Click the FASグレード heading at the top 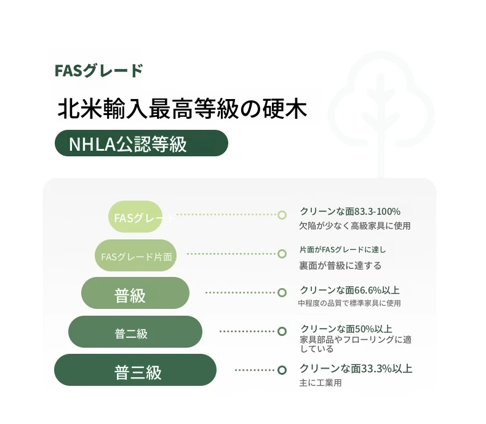click(x=98, y=71)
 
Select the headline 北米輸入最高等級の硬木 click(x=182, y=108)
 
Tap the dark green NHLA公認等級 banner click(x=141, y=143)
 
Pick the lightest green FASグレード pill click(x=135, y=217)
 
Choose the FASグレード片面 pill click(x=136, y=255)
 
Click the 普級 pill click(x=135, y=293)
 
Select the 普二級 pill click(x=135, y=332)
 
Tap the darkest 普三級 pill click(x=135, y=370)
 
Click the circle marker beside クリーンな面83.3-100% click(x=282, y=215)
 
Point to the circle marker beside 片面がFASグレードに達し click(x=282, y=254)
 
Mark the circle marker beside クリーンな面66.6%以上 click(x=282, y=292)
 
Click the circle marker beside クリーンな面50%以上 click(x=282, y=331)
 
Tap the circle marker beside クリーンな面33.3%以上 click(x=282, y=370)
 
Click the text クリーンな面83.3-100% click(x=350, y=211)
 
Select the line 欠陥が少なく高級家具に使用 click(x=355, y=226)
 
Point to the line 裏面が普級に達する click(x=340, y=266)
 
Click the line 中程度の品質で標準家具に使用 click(x=349, y=303)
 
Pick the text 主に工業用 click(x=320, y=383)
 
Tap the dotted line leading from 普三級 click(x=255, y=370)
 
